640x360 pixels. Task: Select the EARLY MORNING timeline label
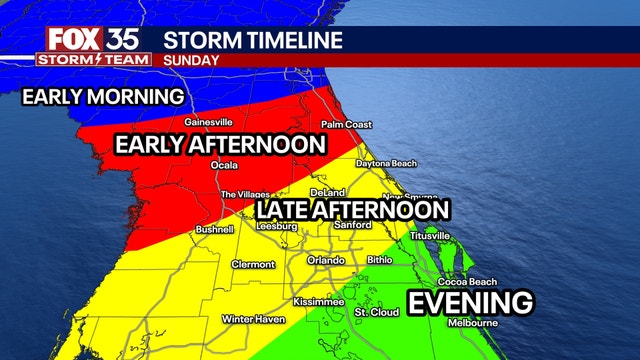click(x=103, y=97)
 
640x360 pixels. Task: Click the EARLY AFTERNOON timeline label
click(x=220, y=145)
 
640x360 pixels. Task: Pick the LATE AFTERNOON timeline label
click(x=352, y=210)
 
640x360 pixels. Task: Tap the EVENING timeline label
click(x=470, y=302)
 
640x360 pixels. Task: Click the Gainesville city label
click(x=208, y=123)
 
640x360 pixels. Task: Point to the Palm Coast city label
click(x=346, y=125)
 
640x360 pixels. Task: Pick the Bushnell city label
click(x=214, y=229)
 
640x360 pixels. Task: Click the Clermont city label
click(x=253, y=264)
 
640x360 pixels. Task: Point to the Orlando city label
click(x=326, y=261)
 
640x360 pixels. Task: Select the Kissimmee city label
click(x=318, y=301)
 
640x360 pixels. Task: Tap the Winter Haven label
click(x=250, y=319)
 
